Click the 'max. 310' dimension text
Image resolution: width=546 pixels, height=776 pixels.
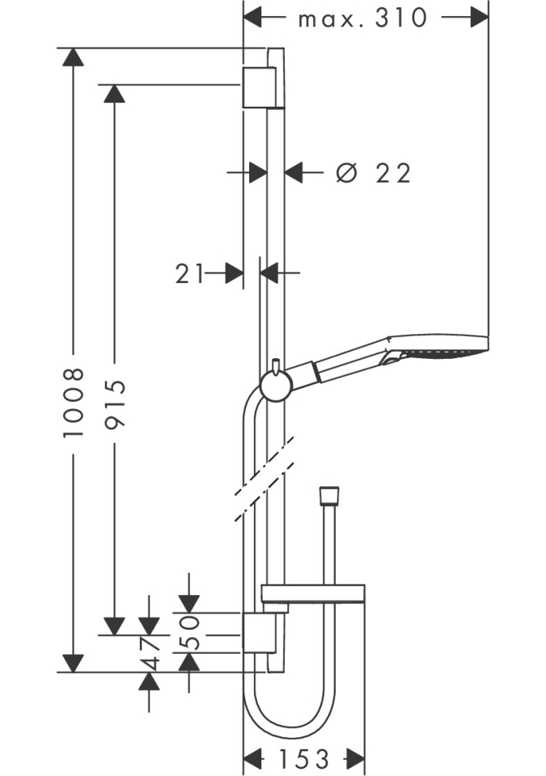point(362,19)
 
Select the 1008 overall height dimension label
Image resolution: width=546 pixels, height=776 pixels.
point(74,403)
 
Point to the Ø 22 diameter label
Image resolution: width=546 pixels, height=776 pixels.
point(373,173)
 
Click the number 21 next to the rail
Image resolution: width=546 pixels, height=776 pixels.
point(189,273)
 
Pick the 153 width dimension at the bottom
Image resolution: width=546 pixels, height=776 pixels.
point(304,759)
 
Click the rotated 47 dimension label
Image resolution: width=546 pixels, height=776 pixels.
point(150,652)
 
